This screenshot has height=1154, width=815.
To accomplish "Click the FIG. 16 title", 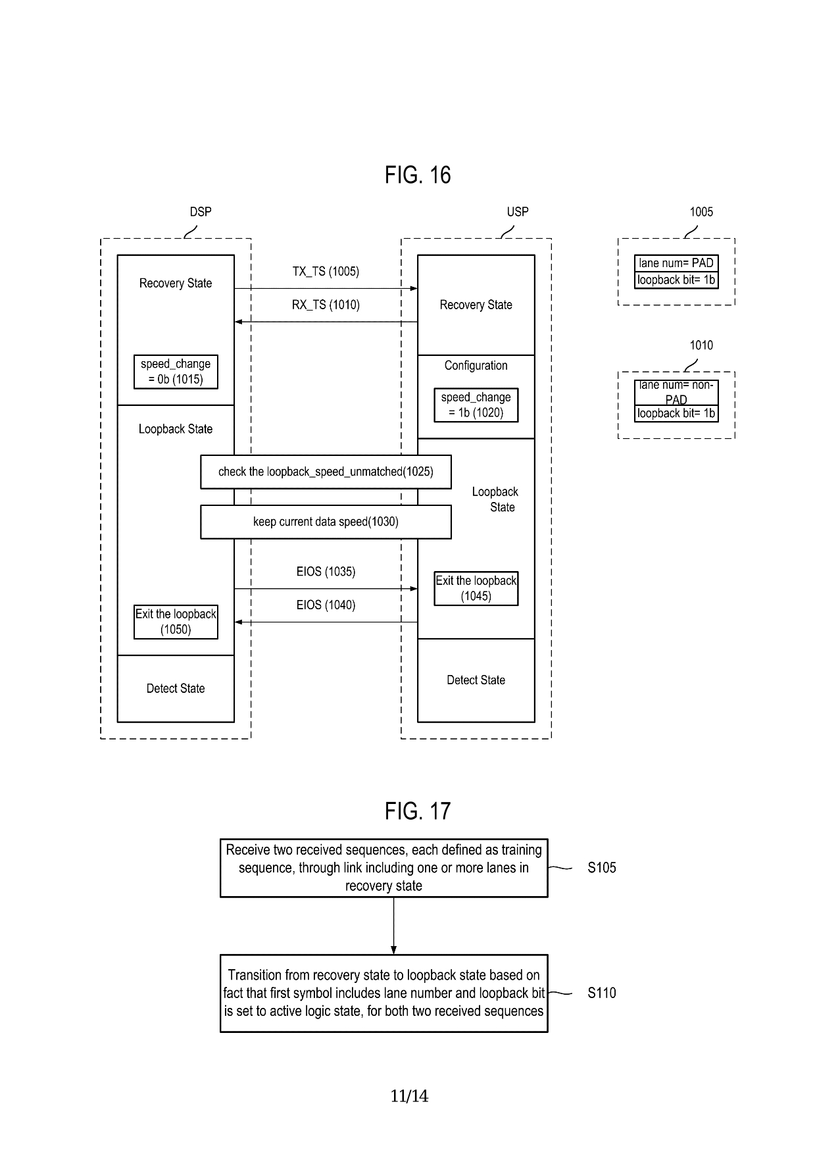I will coord(418,175).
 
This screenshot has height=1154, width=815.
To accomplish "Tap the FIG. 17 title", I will coord(418,811).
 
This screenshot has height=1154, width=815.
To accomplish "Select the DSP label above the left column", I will coord(201,212).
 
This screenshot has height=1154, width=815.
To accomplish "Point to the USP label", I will coord(518,212).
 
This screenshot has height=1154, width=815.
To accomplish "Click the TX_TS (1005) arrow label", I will coord(326,272).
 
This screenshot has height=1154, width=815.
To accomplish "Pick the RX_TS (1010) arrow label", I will coord(326,305).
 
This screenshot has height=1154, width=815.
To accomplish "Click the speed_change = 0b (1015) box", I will coord(176,372).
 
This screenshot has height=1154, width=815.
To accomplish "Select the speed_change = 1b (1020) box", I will coord(476,405).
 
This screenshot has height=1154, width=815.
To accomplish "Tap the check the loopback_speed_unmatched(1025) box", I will coord(326,472).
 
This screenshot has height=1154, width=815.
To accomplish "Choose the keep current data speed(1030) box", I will coord(326,522).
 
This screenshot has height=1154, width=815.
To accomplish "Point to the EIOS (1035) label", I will coord(326,572).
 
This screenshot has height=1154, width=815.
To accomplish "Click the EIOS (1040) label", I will coord(326,605).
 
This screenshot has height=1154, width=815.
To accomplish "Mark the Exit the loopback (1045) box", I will coord(476,588).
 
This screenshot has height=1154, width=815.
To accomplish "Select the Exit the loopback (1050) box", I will coord(176,622).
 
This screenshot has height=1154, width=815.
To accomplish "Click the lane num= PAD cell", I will coord(676,263).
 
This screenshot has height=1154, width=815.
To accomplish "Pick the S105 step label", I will coord(602,868).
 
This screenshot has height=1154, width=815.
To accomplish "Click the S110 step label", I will coord(602,993).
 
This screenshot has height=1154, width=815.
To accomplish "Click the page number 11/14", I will coord(409,1096).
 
